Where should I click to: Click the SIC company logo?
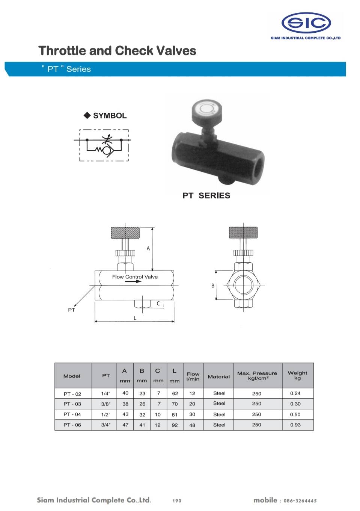(x=306, y=23)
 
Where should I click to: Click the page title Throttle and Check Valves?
(x=117, y=51)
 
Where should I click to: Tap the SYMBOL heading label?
(x=110, y=116)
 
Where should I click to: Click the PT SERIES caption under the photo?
(x=206, y=196)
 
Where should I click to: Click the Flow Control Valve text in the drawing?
(x=135, y=277)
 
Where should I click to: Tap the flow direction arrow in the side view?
(x=133, y=281)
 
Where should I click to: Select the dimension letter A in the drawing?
(x=148, y=248)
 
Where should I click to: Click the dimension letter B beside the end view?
(x=213, y=286)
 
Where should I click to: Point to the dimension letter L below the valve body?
(x=135, y=318)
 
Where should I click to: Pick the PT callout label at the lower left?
(x=71, y=310)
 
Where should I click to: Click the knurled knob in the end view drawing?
(x=243, y=233)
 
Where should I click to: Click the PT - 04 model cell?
(x=72, y=414)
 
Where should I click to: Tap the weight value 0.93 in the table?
(x=295, y=425)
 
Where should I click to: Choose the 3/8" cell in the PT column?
(x=105, y=404)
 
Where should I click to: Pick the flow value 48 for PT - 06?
(x=192, y=425)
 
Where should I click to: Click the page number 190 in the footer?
(x=177, y=501)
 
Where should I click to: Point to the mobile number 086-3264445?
(x=300, y=501)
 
